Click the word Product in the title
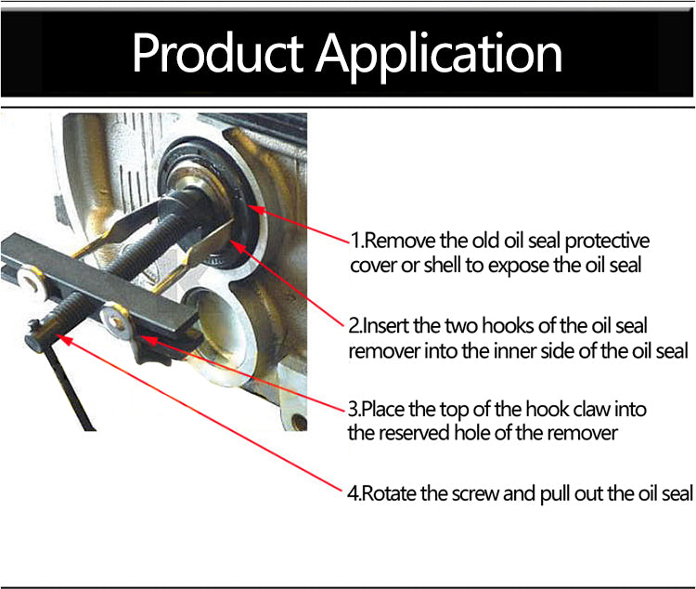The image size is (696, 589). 217,52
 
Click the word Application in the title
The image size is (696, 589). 439,57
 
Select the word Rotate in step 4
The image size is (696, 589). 389,493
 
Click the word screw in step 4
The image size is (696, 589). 474,494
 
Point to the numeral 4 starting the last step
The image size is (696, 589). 352,493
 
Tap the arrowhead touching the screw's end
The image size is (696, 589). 63,339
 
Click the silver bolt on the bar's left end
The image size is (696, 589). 31,281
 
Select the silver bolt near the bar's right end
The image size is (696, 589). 114,319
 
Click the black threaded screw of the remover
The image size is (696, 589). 111,261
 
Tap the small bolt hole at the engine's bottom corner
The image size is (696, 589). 299,421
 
